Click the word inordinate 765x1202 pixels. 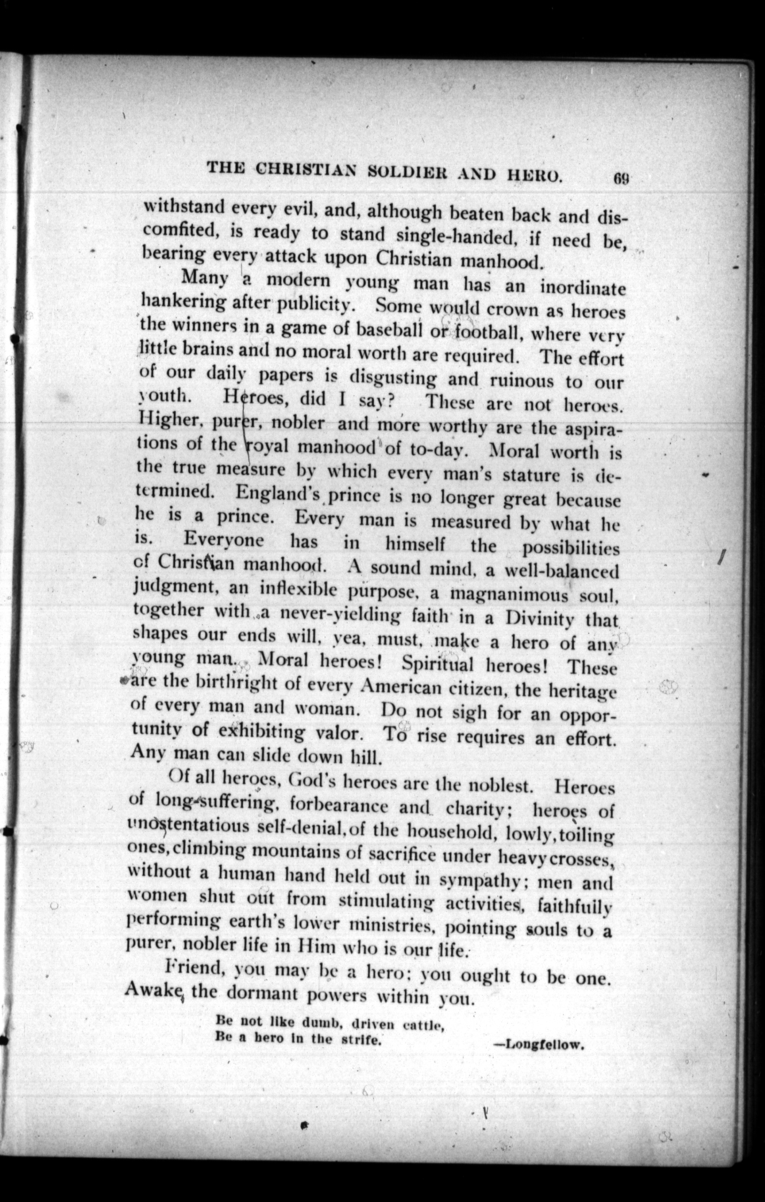click(x=583, y=288)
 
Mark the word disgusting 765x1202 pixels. click(x=393, y=378)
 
